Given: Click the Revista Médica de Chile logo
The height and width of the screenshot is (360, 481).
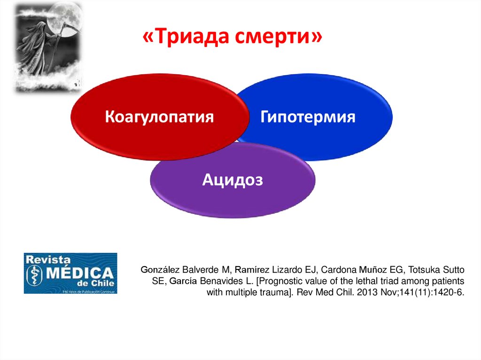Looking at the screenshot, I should point(70,273).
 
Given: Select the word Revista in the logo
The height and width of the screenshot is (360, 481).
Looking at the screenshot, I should point(48,260).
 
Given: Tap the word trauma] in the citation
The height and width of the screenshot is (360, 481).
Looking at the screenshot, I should point(278,292).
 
